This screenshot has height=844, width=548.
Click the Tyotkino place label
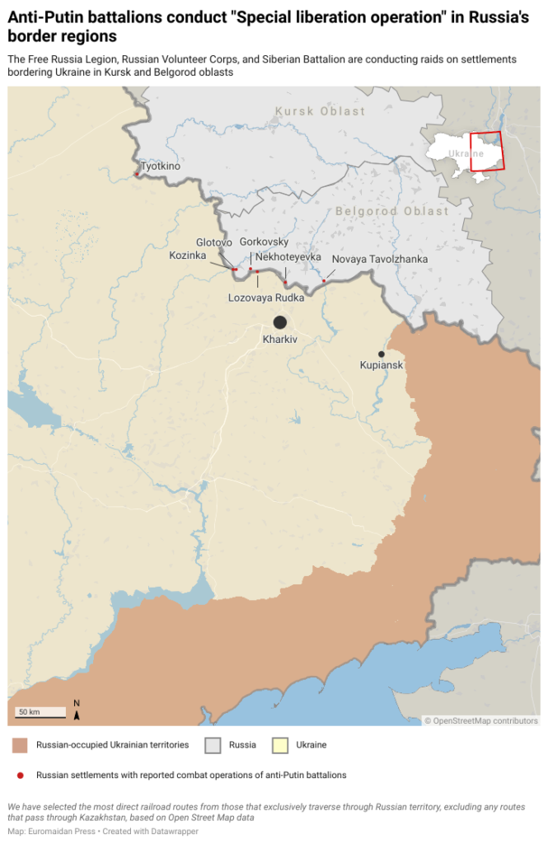coord(161,166)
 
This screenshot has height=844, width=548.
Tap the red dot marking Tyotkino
coord(137,174)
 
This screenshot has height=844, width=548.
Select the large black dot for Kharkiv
coord(280,322)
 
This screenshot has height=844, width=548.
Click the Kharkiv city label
coord(279,340)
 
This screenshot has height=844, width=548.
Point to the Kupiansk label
coord(382,364)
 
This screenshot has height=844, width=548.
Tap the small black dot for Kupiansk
coord(381,354)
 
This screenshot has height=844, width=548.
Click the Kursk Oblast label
coord(321,111)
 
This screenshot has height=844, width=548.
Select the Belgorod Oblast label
coord(392,212)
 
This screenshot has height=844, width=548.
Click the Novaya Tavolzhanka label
coord(380,260)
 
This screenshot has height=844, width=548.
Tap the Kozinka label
coord(188,256)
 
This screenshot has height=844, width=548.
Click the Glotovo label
coord(214,242)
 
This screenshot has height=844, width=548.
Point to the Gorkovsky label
coord(264,242)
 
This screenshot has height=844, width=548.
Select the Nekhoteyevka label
coord(288,257)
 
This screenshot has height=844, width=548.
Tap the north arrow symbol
coord(77,710)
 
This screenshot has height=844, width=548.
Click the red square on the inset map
coord(486,151)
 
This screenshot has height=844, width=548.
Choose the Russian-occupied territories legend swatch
coord(21,745)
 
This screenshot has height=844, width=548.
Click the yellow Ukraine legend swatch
coord(280,745)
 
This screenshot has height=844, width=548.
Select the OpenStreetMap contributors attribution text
coord(481,720)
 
